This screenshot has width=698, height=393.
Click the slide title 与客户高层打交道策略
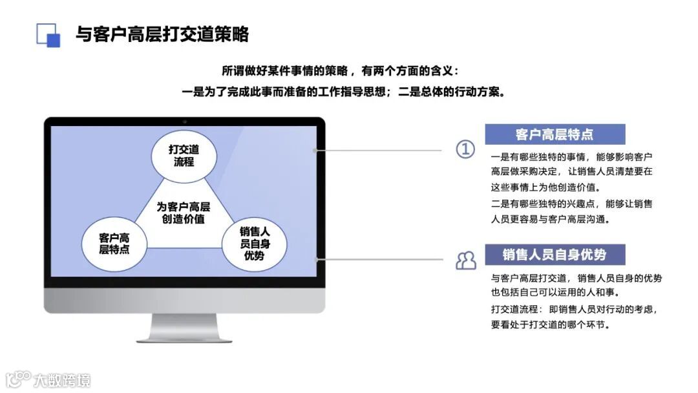tap(162, 34)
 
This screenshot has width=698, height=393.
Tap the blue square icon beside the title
tap(48, 35)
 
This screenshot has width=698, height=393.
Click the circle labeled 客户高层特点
tap(114, 244)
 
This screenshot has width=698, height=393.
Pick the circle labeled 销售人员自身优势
tap(255, 244)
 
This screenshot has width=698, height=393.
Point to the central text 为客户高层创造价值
tap(184, 213)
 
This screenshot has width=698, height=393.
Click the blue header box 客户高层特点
tap(555, 134)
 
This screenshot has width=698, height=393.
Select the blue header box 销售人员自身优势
tap(555, 255)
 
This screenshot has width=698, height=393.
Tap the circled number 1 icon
tap(465, 149)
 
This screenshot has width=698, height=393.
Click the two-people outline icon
tap(465, 260)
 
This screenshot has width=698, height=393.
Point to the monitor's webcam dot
tap(184, 121)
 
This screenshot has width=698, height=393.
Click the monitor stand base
tap(184, 337)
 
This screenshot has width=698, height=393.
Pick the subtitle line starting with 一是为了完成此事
tap(343, 92)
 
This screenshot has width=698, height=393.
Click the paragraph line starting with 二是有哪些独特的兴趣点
tap(571, 204)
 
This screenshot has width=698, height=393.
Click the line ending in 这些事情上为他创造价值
tap(545, 187)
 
